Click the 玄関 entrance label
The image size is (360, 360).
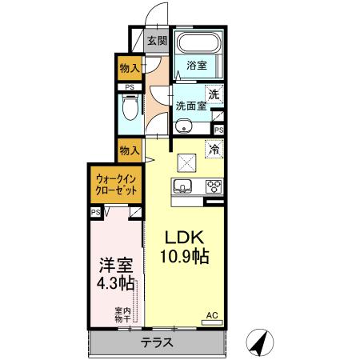157,41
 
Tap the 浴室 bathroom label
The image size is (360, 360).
197,66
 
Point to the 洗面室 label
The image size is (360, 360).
190,105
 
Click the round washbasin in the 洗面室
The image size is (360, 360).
185,126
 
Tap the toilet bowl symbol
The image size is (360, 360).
127,107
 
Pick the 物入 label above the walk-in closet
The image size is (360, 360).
130,150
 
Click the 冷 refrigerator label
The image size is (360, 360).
214,148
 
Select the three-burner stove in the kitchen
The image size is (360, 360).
214,188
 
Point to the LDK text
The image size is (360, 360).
186,239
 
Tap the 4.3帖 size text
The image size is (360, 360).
113,284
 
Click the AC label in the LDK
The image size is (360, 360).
213,315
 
